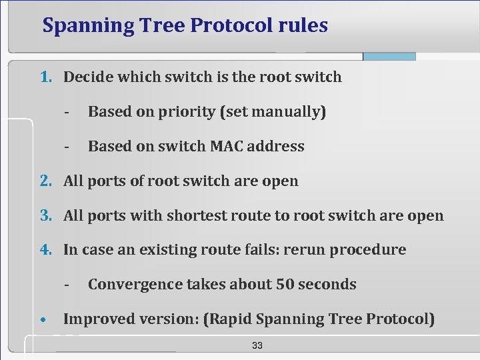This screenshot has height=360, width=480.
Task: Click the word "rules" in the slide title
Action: click(303, 25)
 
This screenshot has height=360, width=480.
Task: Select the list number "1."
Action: click(46, 77)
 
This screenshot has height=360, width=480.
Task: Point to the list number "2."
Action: click(46, 181)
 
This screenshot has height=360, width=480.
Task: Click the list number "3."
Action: click(46, 215)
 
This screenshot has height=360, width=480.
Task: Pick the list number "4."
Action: click(46, 250)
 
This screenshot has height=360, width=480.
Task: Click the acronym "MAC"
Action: click(229, 146)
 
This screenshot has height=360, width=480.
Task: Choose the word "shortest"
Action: click(195, 215)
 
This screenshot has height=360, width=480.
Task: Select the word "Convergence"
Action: click(135, 285)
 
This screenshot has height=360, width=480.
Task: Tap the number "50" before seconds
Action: click(285, 284)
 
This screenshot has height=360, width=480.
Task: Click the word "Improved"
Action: click(97, 319)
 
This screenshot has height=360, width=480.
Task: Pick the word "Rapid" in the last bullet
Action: click(229, 319)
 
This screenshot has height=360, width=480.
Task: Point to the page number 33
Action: click(257, 345)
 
